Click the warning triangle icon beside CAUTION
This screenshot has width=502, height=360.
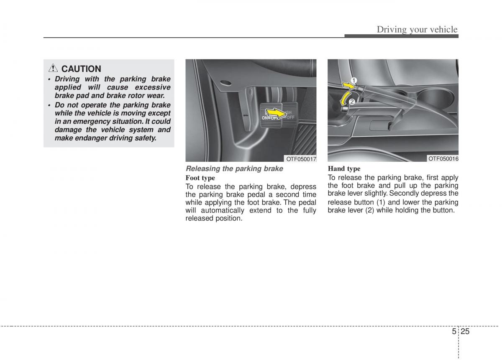click(x=54, y=69)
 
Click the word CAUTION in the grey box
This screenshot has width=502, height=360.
click(x=81, y=69)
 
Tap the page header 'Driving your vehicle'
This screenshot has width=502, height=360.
click(x=417, y=29)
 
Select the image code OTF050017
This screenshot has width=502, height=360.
click(x=301, y=159)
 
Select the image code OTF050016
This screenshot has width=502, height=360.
click(x=443, y=158)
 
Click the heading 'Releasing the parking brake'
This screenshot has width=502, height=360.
click(x=234, y=169)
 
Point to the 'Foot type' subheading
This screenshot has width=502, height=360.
click(x=200, y=178)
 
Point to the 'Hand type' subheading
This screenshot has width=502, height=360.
click(x=344, y=169)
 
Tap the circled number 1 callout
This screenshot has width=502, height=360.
click(x=353, y=80)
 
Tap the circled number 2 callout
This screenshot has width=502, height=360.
click(x=351, y=102)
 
